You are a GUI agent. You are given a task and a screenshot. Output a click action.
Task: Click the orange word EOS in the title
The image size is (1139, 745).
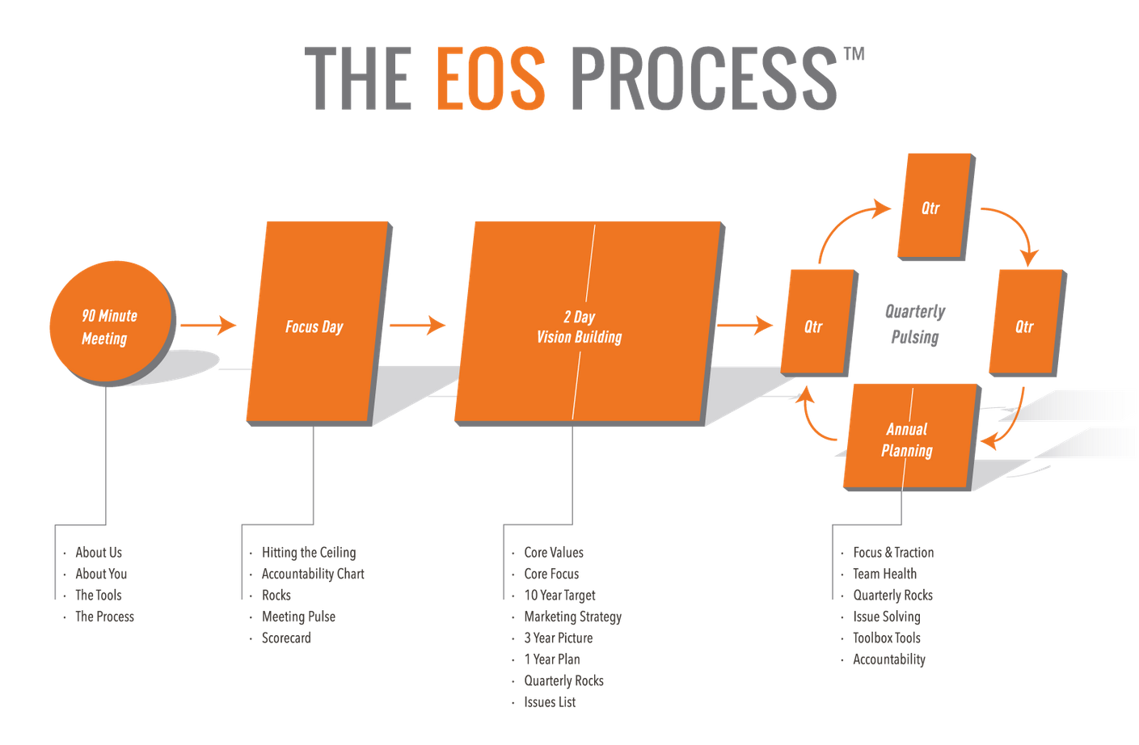tap(490, 78)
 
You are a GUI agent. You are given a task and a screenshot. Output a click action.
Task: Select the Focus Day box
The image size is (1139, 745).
tap(314, 326)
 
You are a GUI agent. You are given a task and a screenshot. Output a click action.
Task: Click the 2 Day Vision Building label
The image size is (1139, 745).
tap(579, 327)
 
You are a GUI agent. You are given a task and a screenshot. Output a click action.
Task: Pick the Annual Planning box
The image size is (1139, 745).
tap(907, 440)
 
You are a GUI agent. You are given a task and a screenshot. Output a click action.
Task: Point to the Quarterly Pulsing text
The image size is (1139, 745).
tap(915, 324)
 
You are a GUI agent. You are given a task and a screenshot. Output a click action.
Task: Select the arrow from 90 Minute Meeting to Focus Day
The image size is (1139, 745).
tap(209, 326)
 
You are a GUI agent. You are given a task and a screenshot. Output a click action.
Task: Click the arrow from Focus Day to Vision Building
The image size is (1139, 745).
tap(417, 326)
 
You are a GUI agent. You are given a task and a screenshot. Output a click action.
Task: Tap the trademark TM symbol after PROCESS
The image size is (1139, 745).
tap(854, 54)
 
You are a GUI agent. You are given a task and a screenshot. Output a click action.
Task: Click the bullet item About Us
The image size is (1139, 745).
tap(99, 553)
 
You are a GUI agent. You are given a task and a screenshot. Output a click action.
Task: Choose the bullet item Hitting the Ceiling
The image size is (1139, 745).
tap(308, 553)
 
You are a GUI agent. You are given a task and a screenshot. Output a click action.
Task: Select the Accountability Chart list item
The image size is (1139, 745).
tap(313, 574)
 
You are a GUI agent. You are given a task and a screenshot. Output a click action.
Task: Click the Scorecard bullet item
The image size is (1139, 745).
tap(286, 638)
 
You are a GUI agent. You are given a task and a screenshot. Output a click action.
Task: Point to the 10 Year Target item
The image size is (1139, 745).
tap(559, 596)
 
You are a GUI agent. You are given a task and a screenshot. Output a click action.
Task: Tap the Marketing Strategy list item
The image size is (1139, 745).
tap(573, 617)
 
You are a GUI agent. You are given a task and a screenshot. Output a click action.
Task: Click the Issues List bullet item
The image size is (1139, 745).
tap(550, 702)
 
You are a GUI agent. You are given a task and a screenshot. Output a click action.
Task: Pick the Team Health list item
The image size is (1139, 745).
tap(884, 574)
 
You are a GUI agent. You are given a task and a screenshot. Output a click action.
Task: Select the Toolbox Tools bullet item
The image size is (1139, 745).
tap(887, 638)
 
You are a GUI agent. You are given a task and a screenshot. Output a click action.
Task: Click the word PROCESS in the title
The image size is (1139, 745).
tap(703, 78)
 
